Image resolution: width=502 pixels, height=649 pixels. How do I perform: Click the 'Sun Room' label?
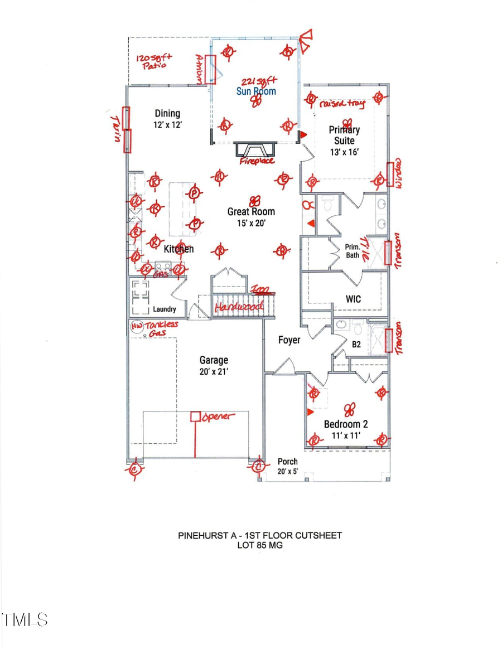pos(256,91)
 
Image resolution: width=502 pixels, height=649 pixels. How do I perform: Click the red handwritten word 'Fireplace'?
pos(257,161)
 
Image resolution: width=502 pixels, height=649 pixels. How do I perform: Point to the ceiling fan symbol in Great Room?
pos(255,200)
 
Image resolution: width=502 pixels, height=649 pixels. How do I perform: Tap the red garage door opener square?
pos(195,416)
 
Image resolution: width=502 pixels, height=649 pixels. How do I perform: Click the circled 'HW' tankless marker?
pos(136,326)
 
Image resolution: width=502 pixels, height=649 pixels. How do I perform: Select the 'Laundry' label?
pos(165,309)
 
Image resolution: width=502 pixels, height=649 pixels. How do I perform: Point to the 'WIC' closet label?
pos(353,299)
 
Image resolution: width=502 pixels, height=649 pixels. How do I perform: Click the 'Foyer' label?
pos(289,340)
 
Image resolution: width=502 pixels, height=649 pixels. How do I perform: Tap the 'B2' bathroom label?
pos(356,345)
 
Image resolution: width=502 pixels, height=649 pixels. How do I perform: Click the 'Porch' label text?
pos(288,462)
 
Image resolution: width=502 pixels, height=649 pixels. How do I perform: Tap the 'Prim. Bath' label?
pos(352,251)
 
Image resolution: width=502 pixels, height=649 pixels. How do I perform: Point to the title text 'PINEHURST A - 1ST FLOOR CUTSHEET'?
pos(260,535)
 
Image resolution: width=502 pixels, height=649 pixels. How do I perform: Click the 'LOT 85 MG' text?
pos(260,545)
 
